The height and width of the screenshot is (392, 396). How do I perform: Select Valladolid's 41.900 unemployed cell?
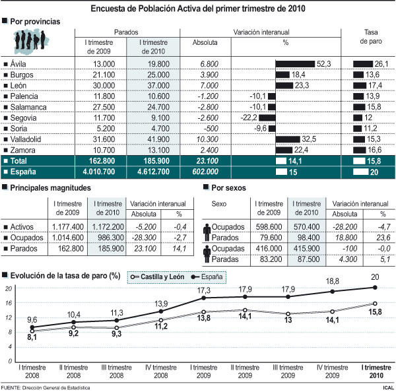click(x=154, y=139)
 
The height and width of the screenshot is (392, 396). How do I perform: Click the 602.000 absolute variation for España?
click(x=203, y=172)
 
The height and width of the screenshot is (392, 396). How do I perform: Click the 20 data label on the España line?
click(x=375, y=278)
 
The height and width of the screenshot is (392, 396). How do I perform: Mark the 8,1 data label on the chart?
click(x=31, y=337)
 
